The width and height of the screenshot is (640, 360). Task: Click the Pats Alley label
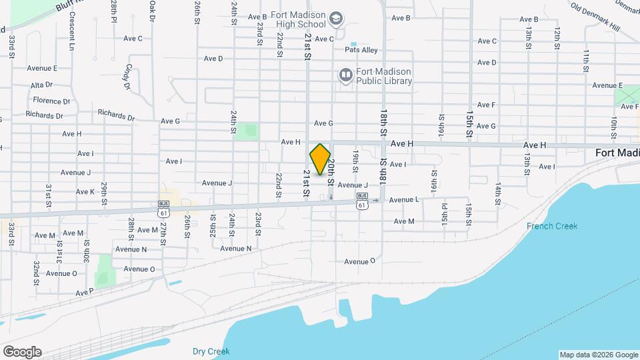point(361,50)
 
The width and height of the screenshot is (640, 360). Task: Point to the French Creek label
point(552,226)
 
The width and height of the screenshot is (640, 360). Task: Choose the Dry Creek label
point(211,351)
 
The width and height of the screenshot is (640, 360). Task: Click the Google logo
point(22,352)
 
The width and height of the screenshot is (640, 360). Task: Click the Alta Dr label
point(41,85)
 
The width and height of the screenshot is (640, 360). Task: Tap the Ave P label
point(85,292)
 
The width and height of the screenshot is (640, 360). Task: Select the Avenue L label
point(404,199)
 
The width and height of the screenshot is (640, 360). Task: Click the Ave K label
point(85,192)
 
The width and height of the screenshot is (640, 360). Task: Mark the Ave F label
point(486,105)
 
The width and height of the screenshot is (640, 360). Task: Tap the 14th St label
point(498,192)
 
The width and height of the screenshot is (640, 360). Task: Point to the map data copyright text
point(598,355)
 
